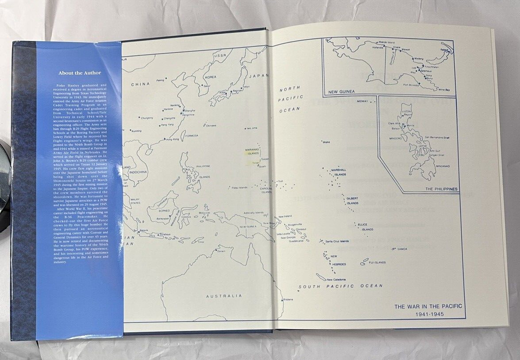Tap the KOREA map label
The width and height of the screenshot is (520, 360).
211,77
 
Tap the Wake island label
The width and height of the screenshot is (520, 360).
326,142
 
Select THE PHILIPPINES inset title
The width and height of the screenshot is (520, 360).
441,189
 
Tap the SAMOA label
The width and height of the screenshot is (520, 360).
402,249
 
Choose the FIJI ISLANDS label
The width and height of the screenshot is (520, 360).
377,262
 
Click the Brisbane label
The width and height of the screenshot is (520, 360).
288,300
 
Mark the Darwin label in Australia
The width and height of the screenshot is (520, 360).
221,251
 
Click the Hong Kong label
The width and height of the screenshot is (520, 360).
173,139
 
